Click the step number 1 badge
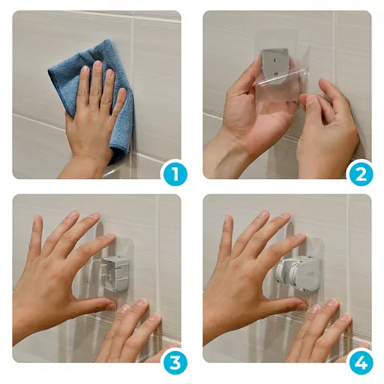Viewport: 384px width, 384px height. [x=175, y=174]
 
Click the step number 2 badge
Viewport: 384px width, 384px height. [x=361, y=174]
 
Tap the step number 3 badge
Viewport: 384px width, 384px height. [x=175, y=363]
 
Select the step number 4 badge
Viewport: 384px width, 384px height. [x=361, y=363]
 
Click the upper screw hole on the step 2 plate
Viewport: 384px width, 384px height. [x=276, y=60]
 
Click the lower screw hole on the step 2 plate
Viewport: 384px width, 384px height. [x=276, y=73]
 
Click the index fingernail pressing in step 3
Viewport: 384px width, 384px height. [x=110, y=237]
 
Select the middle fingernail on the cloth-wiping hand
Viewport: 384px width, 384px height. [x=97, y=64]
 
